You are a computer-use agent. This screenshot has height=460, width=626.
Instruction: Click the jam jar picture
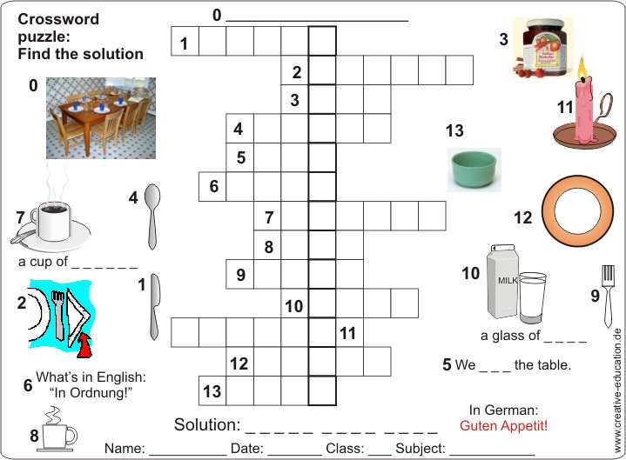[542, 48]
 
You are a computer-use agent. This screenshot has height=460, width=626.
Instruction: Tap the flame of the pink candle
[582, 70]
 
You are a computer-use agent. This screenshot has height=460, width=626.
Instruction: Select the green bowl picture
[475, 170]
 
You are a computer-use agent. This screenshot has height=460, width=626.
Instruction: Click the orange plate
[577, 211]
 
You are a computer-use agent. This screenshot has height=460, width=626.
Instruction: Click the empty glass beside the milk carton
[533, 297]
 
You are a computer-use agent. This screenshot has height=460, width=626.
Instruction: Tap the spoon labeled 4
[152, 217]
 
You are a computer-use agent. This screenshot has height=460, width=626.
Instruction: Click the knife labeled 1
[154, 307]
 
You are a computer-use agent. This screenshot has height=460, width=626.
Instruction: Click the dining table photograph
[101, 118]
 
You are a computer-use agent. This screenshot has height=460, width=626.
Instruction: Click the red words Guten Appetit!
[503, 425]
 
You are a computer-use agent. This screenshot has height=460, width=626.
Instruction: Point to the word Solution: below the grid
[207, 424]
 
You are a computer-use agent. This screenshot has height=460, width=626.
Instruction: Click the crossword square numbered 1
[185, 41]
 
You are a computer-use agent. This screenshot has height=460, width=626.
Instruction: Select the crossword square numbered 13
[212, 391]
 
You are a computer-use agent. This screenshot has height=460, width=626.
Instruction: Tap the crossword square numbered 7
[267, 216]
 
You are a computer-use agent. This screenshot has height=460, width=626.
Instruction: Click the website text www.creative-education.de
[617, 390]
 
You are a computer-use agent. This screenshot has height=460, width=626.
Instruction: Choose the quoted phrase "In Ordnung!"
[91, 393]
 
